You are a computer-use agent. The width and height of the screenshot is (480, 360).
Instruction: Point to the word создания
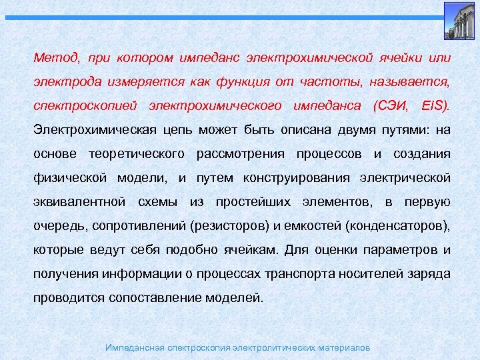point(422,154)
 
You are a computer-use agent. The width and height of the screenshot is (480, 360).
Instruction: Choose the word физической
point(69,178)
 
